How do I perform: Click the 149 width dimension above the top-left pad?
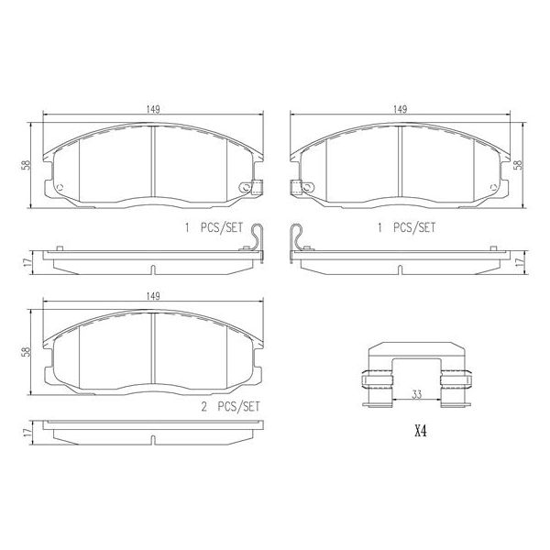[154, 109]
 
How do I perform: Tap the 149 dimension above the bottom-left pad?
[154, 296]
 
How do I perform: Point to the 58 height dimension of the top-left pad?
[35, 165]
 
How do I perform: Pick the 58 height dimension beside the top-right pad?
[519, 165]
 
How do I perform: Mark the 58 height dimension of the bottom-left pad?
[35, 352]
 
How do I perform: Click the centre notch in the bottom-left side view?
[152, 437]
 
